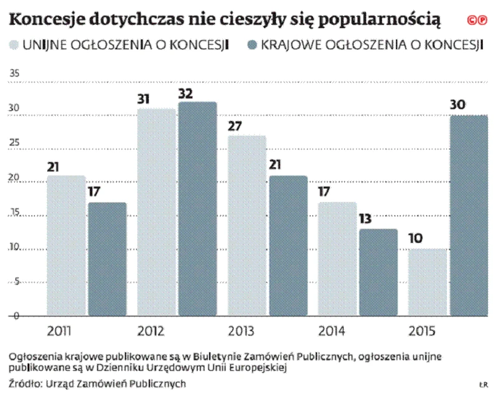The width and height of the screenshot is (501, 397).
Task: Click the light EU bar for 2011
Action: click(x=66, y=246)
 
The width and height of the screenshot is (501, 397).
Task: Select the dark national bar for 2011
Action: click(x=107, y=259)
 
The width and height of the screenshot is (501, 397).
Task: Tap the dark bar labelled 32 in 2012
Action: click(x=197, y=209)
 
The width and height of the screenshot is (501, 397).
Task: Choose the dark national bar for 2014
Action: click(x=378, y=272)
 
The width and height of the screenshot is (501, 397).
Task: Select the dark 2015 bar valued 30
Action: click(x=469, y=216)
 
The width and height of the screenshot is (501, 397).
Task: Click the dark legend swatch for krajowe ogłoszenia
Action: click(x=253, y=46)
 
